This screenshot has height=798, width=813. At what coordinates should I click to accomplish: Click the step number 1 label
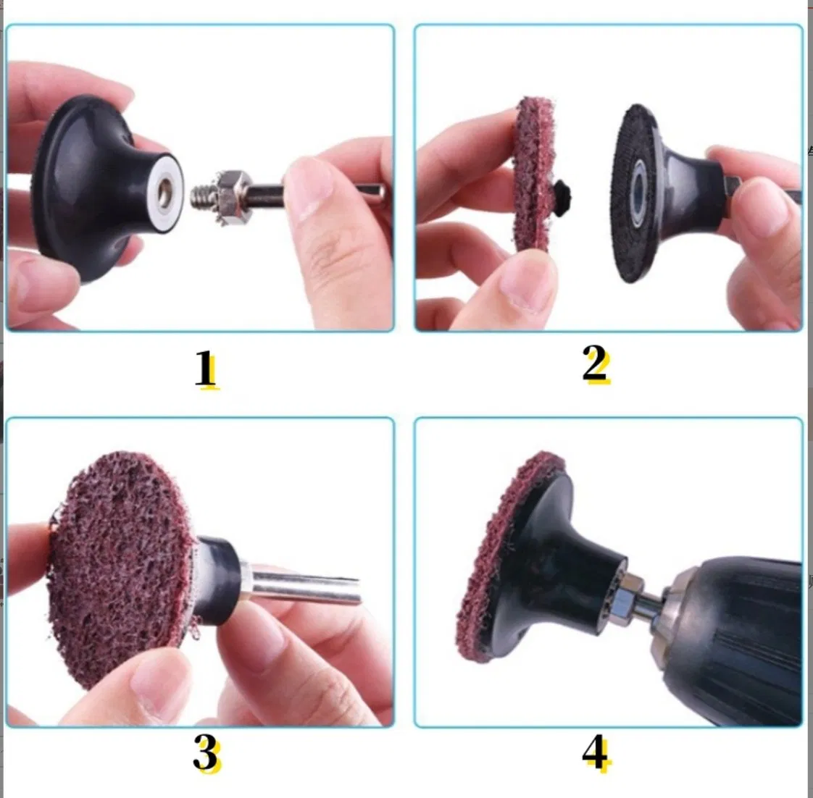coord(206,369)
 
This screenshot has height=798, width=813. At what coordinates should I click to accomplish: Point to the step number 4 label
coord(596,754)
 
